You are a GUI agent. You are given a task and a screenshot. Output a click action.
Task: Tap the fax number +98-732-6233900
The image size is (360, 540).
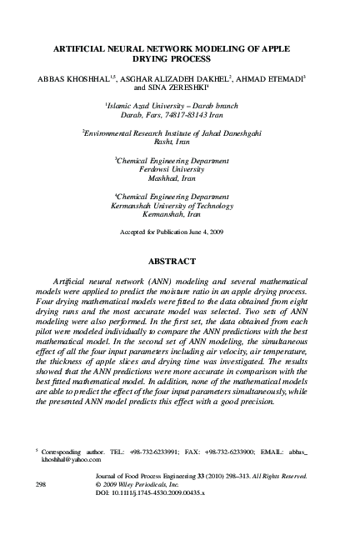coord(235,450)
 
